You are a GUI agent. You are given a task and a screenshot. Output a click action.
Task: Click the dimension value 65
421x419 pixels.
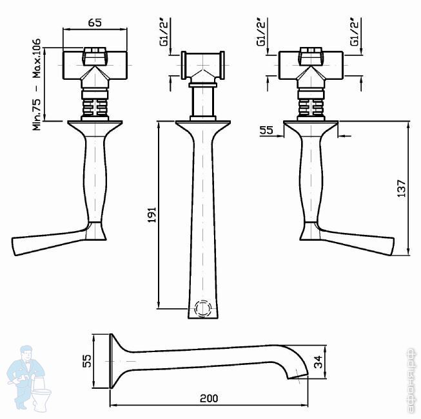coord(95,23)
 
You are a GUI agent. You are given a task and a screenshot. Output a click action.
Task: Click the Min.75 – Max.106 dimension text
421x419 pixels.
coord(37,84)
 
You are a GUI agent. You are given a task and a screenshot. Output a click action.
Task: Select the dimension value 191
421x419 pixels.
coord(152,214)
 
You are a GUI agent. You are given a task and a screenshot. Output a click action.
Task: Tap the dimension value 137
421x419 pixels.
coord(402,189)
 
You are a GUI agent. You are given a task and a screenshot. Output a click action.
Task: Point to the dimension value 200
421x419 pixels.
coord(209,398)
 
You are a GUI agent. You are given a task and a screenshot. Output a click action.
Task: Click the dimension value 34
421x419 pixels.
coord(318,362)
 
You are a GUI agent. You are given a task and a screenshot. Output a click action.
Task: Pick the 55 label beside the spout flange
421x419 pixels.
coord(87,360)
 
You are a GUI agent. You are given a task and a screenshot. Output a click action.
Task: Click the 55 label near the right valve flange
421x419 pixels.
coord(266,130)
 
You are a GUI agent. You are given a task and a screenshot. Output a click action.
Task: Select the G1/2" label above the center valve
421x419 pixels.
coord(164,32)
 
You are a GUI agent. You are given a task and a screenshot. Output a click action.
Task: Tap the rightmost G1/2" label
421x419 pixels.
coord(355,32)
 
